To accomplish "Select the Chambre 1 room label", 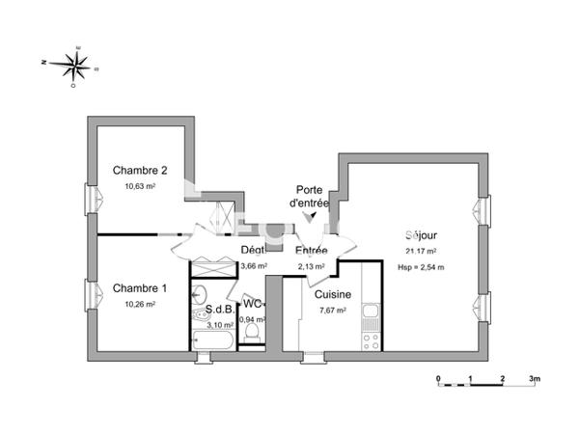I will [x=140, y=287].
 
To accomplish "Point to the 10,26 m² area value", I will [x=139, y=304].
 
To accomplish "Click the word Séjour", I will [x=422, y=235].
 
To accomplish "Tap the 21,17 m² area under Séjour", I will [x=423, y=252].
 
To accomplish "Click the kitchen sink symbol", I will [x=371, y=312].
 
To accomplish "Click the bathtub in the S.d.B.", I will [x=212, y=339].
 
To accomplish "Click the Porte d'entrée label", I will [x=310, y=198].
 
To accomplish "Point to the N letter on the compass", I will [x=44, y=62].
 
